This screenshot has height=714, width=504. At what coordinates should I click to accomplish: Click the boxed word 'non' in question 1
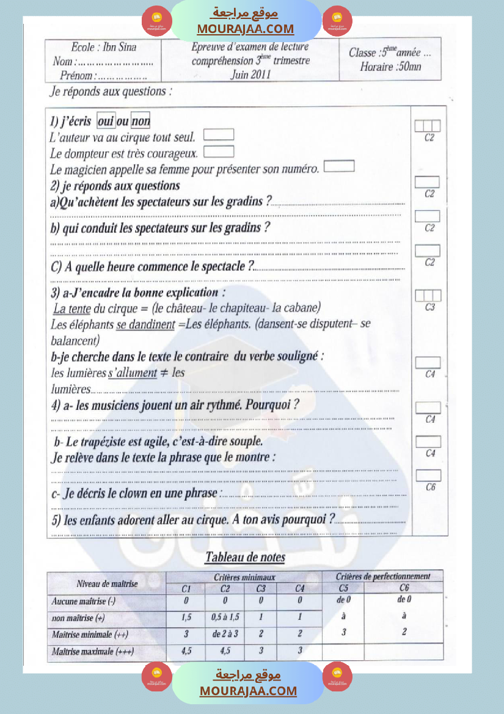coord(141,121)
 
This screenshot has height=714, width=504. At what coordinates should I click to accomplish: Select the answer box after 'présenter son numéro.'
coord(339,166)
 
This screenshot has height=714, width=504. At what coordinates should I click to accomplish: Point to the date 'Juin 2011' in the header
coord(250,75)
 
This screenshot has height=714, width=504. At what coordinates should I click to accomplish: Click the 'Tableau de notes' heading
coord(245,556)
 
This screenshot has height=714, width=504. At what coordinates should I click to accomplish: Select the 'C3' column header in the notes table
coord(261,588)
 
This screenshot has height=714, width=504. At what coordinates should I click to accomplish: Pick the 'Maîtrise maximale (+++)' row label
coord(93,651)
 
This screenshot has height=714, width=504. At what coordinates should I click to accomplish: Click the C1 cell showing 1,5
coord(187,617)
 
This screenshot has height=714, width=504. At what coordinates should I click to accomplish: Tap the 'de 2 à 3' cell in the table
coord(225,634)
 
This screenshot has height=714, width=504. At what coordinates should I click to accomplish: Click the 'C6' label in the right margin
coord(430,487)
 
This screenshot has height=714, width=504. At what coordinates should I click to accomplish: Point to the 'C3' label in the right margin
coord(430,307)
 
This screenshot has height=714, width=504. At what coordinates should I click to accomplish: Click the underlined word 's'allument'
coord(133,373)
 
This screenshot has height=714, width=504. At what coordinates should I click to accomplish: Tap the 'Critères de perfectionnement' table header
coord(383,576)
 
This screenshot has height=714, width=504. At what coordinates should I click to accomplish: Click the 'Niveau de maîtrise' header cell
coord(107,584)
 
